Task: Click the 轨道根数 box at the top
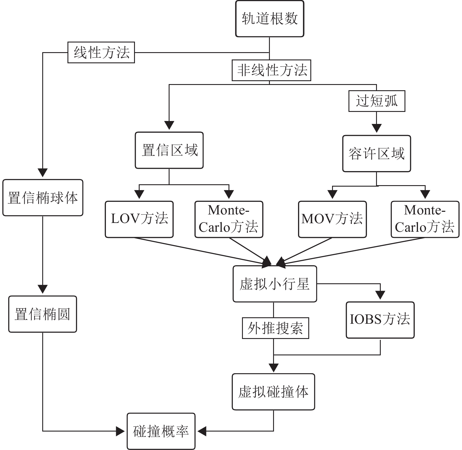point(270,19)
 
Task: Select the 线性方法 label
point(101,52)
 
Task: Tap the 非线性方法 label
point(271,70)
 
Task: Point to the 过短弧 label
point(377,101)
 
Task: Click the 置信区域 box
point(169,150)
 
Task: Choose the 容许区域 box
point(377,154)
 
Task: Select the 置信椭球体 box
point(43,198)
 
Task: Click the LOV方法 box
point(139,219)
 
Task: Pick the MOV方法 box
point(332,219)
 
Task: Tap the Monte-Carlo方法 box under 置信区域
point(229,219)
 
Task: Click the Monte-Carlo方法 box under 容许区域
point(425,219)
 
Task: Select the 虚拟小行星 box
point(275,284)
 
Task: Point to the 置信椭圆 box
point(43,314)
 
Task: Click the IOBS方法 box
point(380,320)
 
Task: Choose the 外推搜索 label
point(275,328)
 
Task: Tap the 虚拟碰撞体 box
point(273,392)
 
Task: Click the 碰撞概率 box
point(161,431)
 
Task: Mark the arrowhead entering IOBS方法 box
point(380,295)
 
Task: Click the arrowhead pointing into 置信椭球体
point(43,173)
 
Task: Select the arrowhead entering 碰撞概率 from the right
point(202,431)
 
